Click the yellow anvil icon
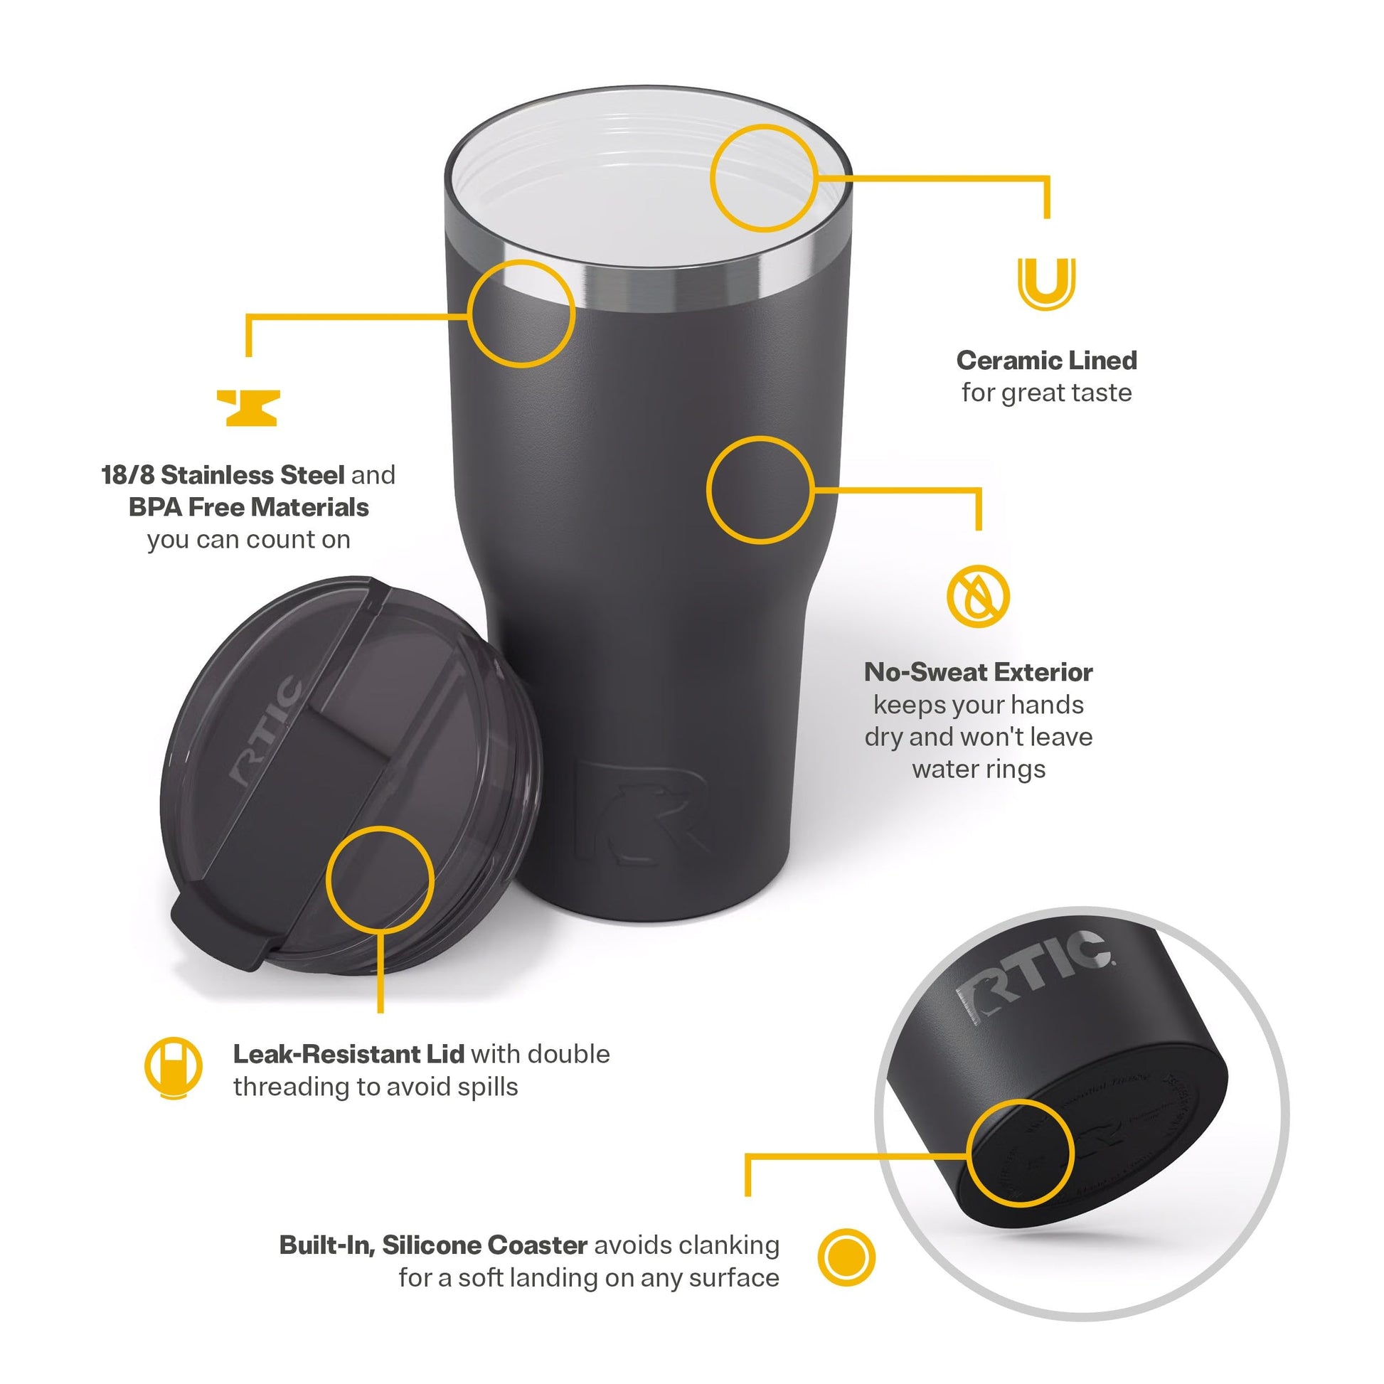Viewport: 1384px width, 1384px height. pyautogui.click(x=248, y=408)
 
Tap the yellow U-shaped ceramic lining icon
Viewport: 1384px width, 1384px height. pyautogui.click(x=1047, y=284)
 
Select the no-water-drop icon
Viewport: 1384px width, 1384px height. pyautogui.click(x=978, y=596)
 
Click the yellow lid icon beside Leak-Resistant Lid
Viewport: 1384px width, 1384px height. pyautogui.click(x=173, y=1068)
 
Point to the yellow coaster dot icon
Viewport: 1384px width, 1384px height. pyautogui.click(x=846, y=1257)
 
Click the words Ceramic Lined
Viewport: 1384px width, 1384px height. pyautogui.click(x=1047, y=361)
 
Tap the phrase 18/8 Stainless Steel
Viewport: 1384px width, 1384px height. pyautogui.click(x=223, y=475)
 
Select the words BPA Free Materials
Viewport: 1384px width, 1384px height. pyautogui.click(x=249, y=507)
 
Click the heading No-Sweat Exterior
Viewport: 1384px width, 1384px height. pyautogui.click(x=979, y=672)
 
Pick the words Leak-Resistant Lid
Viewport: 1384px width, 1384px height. pyautogui.click(x=348, y=1055)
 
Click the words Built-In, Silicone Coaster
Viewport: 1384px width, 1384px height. pyautogui.click(x=433, y=1245)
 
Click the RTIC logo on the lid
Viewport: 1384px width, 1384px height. pyautogui.click(x=266, y=730)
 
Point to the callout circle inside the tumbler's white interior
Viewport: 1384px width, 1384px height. pyautogui.click(x=764, y=178)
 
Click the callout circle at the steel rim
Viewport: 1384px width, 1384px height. pyautogui.click(x=521, y=314)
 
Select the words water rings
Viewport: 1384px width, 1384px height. pyautogui.click(x=979, y=770)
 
